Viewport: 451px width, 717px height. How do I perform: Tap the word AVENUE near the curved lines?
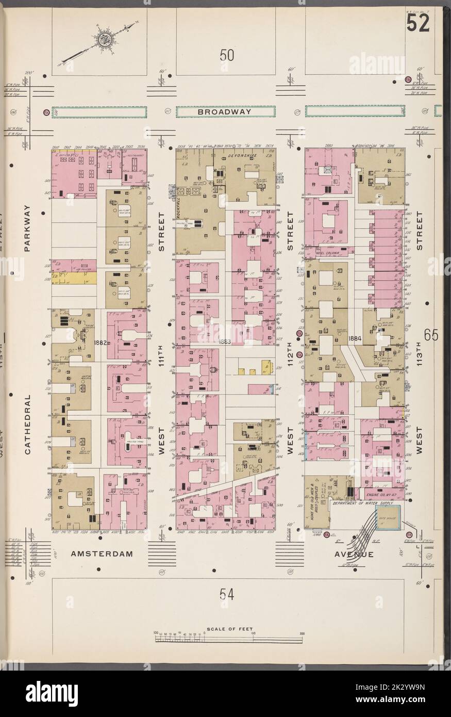click(354, 554)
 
